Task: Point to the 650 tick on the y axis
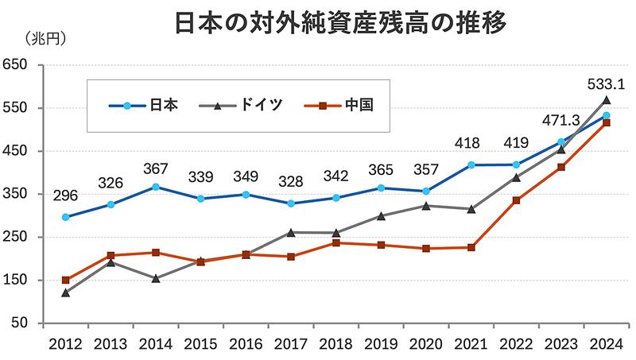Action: coord(17,65)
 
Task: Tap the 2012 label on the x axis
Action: coord(64,343)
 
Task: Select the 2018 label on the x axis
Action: coord(335,343)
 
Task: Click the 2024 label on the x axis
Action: coord(607,343)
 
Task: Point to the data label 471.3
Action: coord(560,119)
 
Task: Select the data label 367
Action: coord(155,168)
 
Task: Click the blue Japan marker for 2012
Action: coord(65,217)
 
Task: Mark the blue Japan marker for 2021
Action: coord(471,165)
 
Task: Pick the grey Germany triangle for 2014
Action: coord(156,278)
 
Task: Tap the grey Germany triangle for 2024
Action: coord(607,100)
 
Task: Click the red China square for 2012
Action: coord(65,281)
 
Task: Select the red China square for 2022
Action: coord(517,200)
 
